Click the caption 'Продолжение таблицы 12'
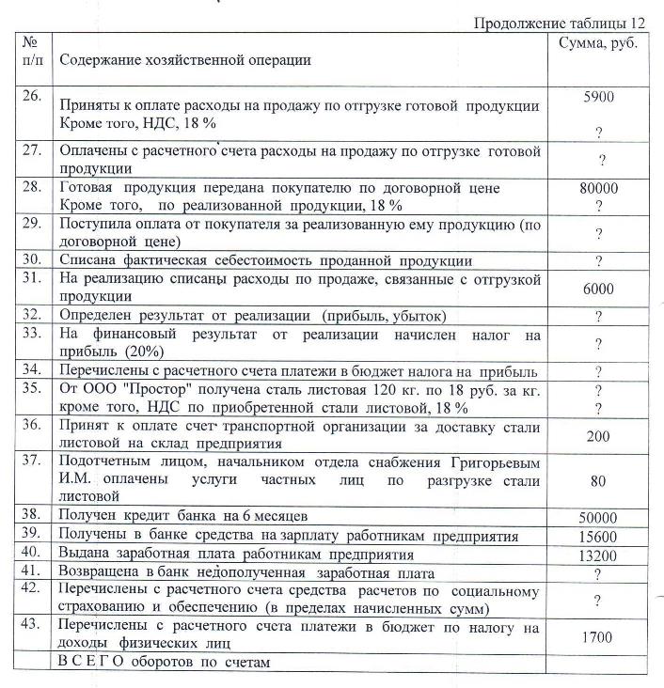coord(560,23)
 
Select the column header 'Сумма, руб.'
coord(598,43)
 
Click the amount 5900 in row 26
coord(599,96)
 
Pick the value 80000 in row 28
coord(599,188)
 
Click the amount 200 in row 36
coord(599,436)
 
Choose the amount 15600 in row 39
coord(599,536)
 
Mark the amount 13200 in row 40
coord(599,554)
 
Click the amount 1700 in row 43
coord(599,637)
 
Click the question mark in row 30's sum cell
coord(599,261)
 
